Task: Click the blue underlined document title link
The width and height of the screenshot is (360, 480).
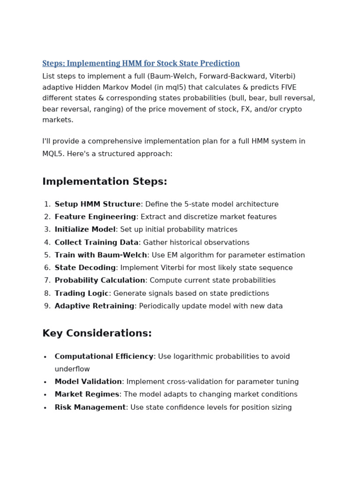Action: pyautogui.click(x=141, y=63)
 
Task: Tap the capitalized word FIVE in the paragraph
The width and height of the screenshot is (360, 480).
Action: pyautogui.click(x=287, y=87)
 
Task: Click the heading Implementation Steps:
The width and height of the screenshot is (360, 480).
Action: pyautogui.click(x=105, y=181)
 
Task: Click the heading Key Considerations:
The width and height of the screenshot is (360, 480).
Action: pyautogui.click(x=97, y=333)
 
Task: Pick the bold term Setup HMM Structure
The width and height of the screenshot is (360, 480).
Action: pyautogui.click(x=97, y=204)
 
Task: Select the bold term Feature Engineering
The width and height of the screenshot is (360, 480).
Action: pyautogui.click(x=95, y=217)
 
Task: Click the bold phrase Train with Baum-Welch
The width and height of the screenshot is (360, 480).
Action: pyautogui.click(x=101, y=255)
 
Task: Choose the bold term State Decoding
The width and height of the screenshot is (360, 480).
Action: pyautogui.click(x=85, y=268)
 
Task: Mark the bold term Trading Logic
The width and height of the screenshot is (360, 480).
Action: pyautogui.click(x=82, y=293)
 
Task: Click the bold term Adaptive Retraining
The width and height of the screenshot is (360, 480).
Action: pyautogui.click(x=94, y=306)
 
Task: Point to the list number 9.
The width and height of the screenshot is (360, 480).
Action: pyautogui.click(x=47, y=306)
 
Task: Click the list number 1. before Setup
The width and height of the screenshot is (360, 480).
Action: pyautogui.click(x=47, y=204)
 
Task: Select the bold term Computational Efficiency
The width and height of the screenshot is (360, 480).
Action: pyautogui.click(x=104, y=357)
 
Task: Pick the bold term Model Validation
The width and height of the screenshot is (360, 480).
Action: pyautogui.click(x=88, y=382)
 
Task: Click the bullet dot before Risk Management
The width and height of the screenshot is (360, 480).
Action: pyautogui.click(x=45, y=408)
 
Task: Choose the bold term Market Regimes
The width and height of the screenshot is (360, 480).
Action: pyautogui.click(x=87, y=395)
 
